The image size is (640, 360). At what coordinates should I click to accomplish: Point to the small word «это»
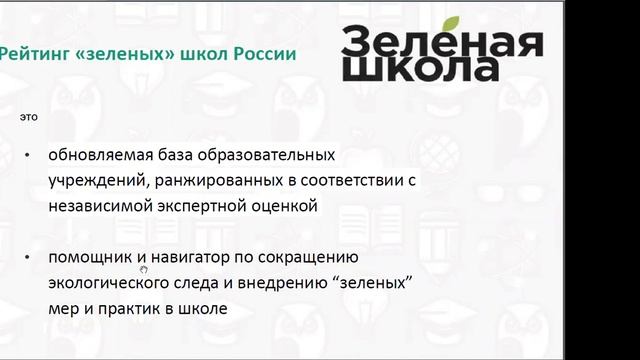29,117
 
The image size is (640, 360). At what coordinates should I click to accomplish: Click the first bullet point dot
28,157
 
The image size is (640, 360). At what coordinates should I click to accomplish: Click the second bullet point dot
28,259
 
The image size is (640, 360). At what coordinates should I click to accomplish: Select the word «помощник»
87,258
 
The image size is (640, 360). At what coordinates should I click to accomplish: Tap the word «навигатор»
188,258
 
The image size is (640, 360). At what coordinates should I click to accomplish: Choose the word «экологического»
112,284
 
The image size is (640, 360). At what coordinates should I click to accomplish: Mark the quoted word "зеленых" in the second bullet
378,284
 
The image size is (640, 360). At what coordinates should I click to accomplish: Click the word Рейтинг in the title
30,53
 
